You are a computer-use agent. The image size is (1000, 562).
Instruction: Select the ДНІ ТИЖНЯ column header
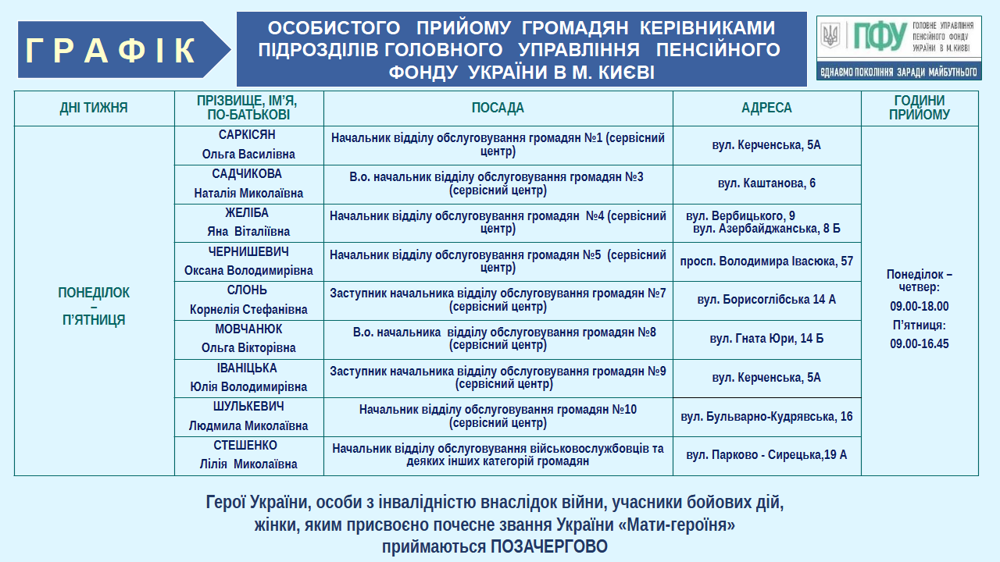click(94, 108)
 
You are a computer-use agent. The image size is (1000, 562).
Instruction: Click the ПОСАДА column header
click(498, 108)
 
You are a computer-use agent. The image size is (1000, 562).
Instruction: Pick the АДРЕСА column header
click(766, 108)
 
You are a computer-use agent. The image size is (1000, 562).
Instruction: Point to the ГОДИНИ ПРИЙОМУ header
click(920, 108)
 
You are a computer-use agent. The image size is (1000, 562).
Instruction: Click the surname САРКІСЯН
click(247, 135)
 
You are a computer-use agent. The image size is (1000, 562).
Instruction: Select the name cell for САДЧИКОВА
click(248, 183)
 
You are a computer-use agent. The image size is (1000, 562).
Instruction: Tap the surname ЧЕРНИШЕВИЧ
click(248, 252)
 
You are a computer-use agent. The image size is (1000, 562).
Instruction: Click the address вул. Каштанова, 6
click(766, 183)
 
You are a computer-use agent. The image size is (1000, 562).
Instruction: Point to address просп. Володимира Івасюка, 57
click(766, 261)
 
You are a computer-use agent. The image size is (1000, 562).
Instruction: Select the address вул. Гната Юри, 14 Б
click(766, 339)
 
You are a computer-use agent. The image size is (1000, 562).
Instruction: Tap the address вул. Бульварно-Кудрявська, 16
click(766, 417)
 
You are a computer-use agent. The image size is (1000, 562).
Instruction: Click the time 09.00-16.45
click(920, 343)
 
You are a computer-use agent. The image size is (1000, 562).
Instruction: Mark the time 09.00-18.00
click(920, 306)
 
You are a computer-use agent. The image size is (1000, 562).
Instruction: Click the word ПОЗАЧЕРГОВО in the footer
click(549, 547)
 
